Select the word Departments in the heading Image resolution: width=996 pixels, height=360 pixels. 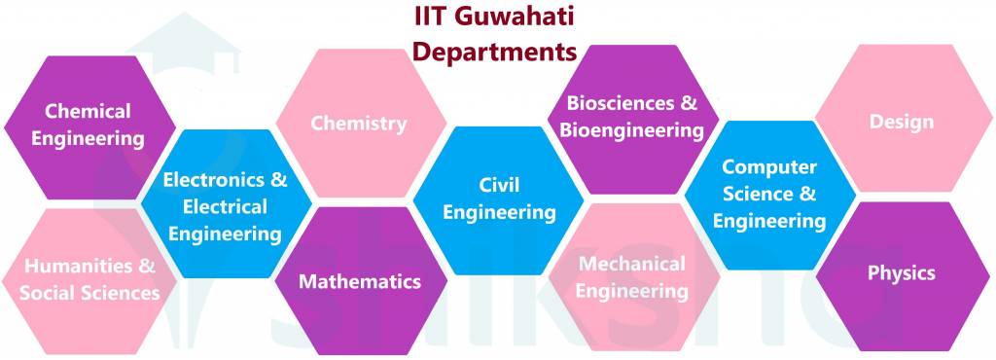(495, 51)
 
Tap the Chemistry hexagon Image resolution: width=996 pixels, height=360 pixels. (358, 124)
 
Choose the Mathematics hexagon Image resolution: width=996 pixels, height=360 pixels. (360, 280)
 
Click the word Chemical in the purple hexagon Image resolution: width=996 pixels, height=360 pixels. (88, 111)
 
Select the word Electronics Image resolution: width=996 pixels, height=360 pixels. (216, 180)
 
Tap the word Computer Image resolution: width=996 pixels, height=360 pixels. (769, 167)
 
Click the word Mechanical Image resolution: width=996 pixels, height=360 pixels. (632, 264)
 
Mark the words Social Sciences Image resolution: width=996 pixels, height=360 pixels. (89, 293)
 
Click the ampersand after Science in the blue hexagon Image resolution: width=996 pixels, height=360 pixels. (808, 195)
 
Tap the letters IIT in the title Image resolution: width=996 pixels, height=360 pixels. (427, 18)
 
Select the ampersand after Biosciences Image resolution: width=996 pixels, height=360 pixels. (689, 103)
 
